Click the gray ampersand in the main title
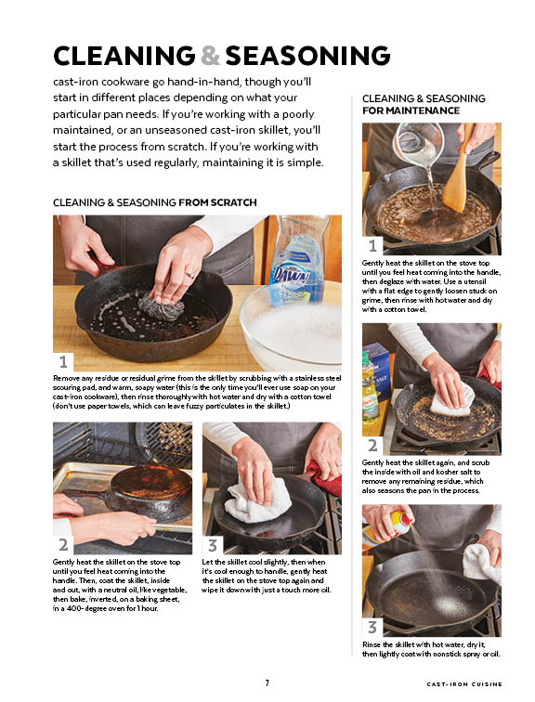(x=210, y=56)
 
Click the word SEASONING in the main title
(x=307, y=56)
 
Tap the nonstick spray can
(x=388, y=523)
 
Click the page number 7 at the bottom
(x=267, y=682)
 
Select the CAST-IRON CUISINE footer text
(x=464, y=684)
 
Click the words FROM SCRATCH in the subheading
(x=217, y=202)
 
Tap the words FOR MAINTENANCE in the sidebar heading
(x=411, y=110)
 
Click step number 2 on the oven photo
(x=63, y=545)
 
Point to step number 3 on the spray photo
(x=372, y=627)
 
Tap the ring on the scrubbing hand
(x=189, y=275)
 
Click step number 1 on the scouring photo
(x=63, y=361)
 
